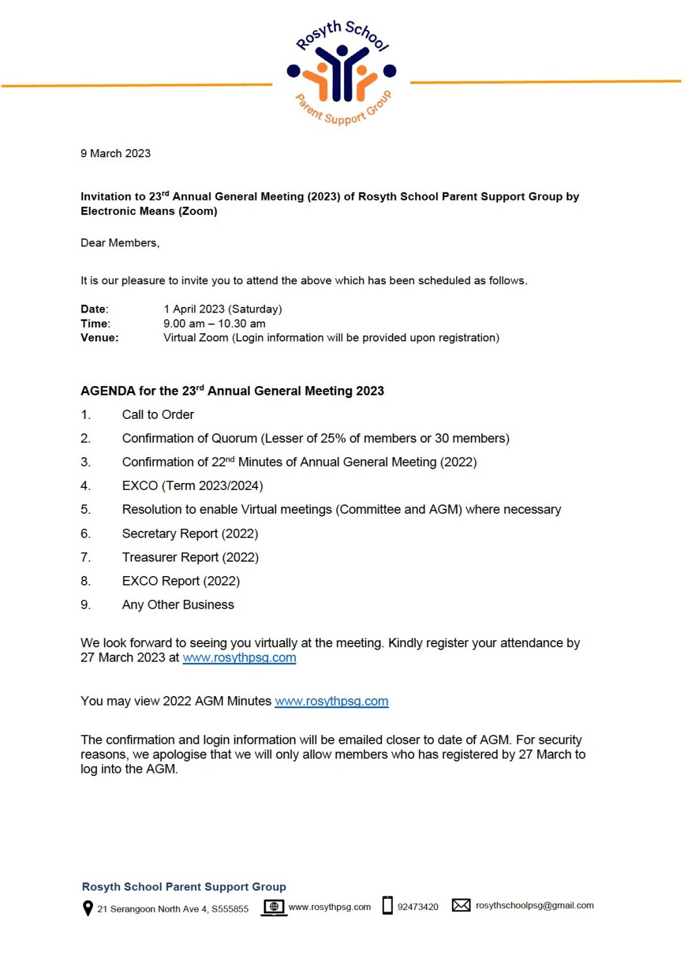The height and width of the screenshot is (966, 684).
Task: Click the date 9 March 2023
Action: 116,153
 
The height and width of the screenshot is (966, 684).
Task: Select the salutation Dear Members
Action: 120,243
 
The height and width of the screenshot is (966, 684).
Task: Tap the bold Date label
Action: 94,309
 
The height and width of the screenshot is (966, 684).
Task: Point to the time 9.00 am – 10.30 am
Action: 214,323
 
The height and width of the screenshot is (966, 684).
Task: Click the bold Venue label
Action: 99,338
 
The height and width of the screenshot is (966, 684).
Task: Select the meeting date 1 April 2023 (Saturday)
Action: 223,309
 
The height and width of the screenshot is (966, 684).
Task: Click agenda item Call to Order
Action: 158,414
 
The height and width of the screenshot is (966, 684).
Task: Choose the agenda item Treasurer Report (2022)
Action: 190,557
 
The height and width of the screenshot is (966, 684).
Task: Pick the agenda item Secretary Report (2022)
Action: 190,533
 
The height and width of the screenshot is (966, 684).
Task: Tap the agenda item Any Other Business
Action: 178,604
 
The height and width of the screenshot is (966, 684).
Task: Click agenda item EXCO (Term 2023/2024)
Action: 193,486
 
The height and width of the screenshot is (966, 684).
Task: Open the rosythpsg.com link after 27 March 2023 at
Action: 239,658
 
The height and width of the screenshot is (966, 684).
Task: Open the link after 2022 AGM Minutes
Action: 332,701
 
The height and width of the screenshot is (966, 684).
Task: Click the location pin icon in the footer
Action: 88,908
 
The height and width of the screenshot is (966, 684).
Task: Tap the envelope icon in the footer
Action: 461,905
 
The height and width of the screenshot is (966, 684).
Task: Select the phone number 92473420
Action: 418,907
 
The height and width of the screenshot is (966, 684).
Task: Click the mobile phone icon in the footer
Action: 388,905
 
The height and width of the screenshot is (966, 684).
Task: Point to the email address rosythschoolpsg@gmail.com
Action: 535,906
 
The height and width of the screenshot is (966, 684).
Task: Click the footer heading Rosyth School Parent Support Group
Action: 184,887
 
